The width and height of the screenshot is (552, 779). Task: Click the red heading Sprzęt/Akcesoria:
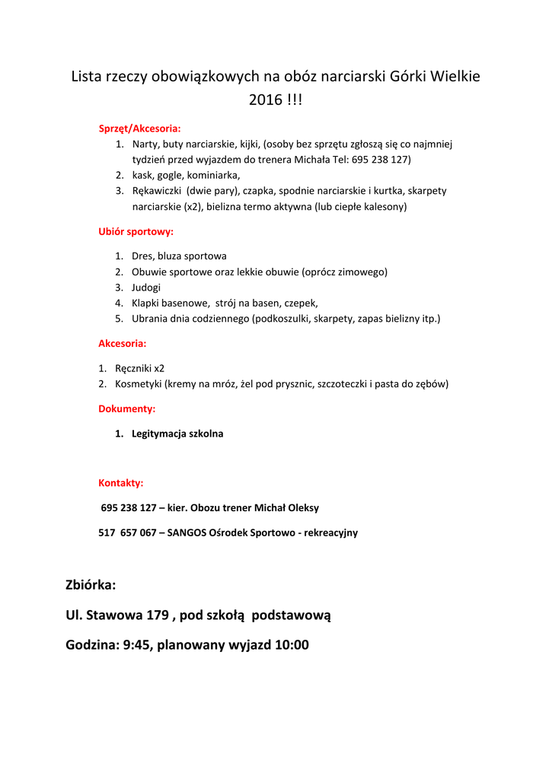(x=139, y=128)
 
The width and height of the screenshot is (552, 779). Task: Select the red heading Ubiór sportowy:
(x=136, y=231)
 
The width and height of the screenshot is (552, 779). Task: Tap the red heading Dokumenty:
(x=126, y=409)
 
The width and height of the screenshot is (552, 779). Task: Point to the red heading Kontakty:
(x=120, y=482)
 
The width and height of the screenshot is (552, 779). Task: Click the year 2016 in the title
(x=265, y=100)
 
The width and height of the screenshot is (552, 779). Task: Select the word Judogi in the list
(x=146, y=287)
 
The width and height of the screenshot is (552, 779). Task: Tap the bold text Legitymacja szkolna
(x=177, y=434)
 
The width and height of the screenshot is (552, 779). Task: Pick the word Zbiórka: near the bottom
(x=91, y=584)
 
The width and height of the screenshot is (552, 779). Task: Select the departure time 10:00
(x=291, y=645)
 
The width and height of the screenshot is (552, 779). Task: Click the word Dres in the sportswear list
(x=142, y=256)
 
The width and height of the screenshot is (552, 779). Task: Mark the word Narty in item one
(x=145, y=144)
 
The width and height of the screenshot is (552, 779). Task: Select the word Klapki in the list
(x=147, y=303)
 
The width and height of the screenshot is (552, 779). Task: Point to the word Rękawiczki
(x=158, y=190)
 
